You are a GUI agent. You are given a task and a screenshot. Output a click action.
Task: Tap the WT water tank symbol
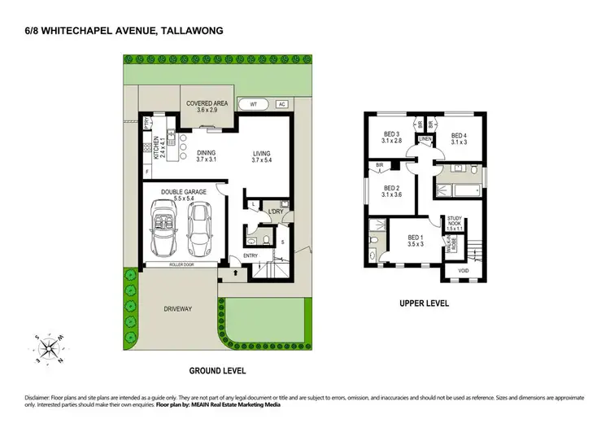pyautogui.click(x=254, y=105)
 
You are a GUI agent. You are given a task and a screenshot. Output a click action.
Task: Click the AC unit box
pyautogui.click(x=281, y=105)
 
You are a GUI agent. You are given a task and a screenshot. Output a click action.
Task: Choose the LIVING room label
pyautogui.click(x=261, y=157)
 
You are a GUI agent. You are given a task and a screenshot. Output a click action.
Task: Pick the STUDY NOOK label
pyautogui.click(x=455, y=222)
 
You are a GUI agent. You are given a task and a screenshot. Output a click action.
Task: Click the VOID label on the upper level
pyautogui.click(x=464, y=270)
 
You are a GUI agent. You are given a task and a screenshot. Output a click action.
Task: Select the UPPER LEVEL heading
pyautogui.click(x=425, y=304)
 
